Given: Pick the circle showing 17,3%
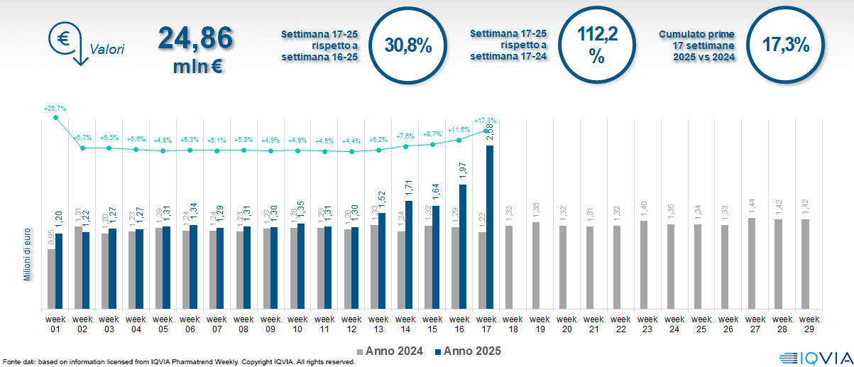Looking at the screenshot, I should (785, 46).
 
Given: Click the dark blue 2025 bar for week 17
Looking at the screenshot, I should (489, 227).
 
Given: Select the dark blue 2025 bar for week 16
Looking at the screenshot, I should (462, 246).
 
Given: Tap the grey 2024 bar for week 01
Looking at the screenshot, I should (51, 278).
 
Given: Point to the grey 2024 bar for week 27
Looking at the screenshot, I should (751, 263).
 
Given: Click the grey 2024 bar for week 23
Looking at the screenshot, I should (643, 265).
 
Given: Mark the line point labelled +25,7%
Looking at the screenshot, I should (55, 117).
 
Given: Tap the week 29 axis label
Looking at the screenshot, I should (805, 323).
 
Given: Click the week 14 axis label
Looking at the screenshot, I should (405, 323).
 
